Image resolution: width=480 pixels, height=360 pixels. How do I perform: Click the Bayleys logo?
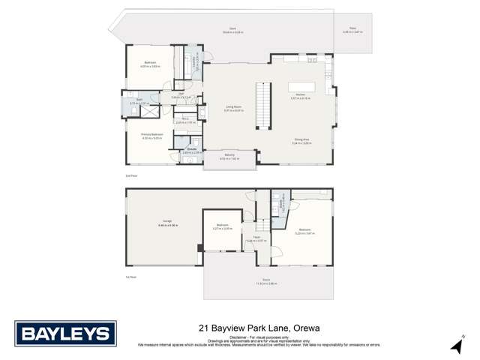coord(66,334)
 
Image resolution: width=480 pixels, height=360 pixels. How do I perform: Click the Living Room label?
coord(234,107)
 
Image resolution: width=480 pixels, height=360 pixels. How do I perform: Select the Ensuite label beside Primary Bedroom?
coord(192,149)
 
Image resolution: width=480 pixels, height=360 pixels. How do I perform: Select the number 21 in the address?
coord(204,328)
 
